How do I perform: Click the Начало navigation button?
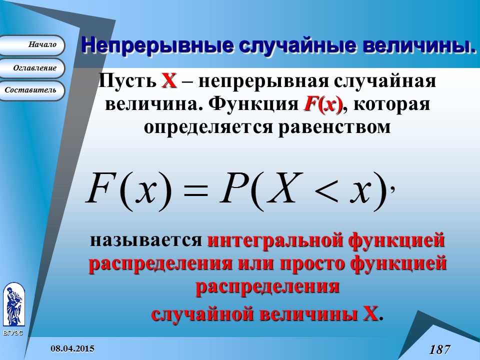(x=32, y=45)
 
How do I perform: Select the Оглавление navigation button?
(x=32, y=68)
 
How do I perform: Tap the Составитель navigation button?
(x=32, y=90)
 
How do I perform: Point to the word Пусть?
(x=127, y=80)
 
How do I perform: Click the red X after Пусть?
(x=169, y=80)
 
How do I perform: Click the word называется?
(x=145, y=240)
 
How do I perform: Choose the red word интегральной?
(x=269, y=240)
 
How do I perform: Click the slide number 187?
(x=439, y=349)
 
